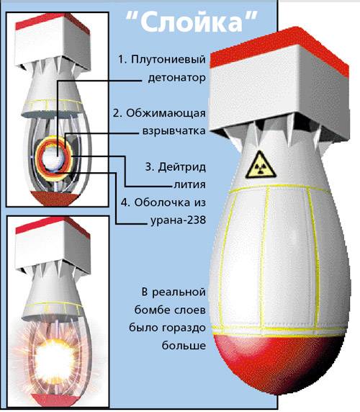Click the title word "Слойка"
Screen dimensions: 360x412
tap(191, 22)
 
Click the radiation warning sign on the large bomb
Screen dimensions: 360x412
tap(260, 165)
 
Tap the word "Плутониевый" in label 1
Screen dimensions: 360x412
tap(168, 60)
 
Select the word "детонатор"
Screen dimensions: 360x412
tap(176, 78)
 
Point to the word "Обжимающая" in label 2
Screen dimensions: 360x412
tap(166, 114)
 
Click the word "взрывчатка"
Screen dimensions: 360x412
tap(174, 131)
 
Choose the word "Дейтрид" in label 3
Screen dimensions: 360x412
tap(181, 167)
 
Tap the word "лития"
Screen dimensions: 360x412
tap(189, 184)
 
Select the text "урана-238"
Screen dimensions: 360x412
tap(178, 220)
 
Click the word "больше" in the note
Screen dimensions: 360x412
tap(184, 345)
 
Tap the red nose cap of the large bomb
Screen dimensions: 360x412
tap(279, 362)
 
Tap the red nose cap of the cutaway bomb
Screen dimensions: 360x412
tap(55, 199)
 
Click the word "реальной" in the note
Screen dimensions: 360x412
tap(179, 292)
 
